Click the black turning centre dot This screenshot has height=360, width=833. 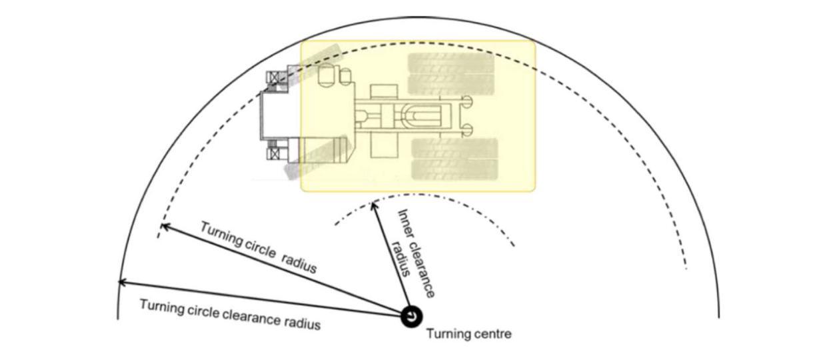[x=411, y=317]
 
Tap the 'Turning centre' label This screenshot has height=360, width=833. [x=469, y=333]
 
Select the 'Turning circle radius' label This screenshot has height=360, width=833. [x=259, y=247]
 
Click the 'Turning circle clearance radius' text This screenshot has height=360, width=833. [x=230, y=315]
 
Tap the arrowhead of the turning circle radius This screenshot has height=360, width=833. [x=165, y=226]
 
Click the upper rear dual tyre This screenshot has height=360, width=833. [x=452, y=74]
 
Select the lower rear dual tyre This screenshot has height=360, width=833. [x=454, y=159]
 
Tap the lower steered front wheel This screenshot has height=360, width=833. [x=316, y=157]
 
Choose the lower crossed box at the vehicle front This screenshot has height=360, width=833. [x=274, y=153]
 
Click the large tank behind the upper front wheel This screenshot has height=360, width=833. [x=326, y=75]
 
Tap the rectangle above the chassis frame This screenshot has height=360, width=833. [x=384, y=93]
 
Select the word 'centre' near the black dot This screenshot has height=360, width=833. [x=492, y=334]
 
